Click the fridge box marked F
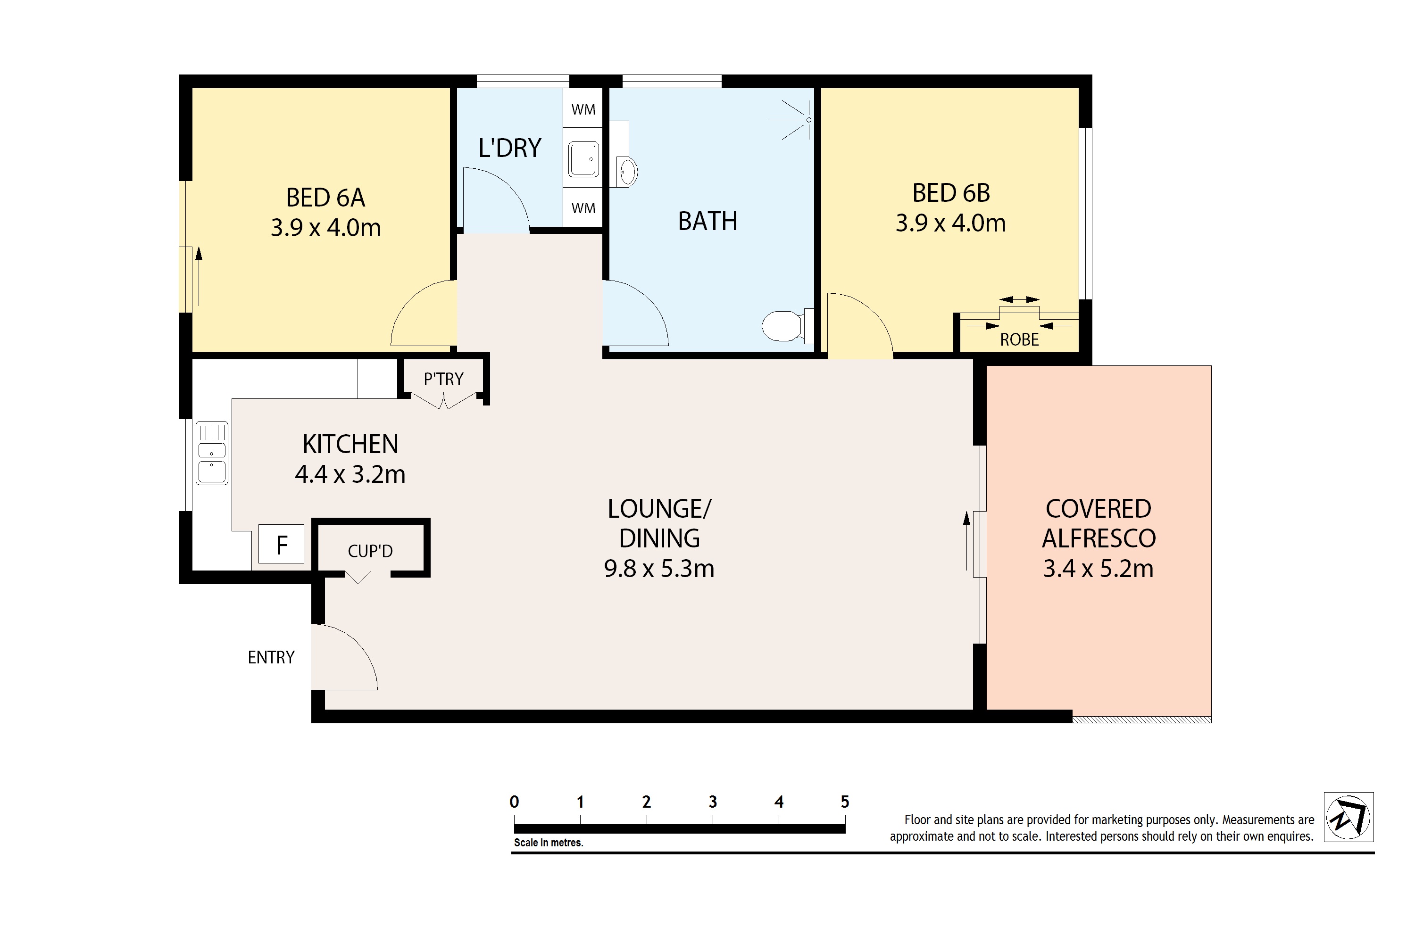(281, 545)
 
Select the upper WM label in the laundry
(583, 110)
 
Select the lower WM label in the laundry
(583, 208)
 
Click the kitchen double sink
(212, 453)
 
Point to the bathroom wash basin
(627, 172)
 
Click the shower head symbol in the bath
(807, 120)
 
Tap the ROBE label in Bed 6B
(1019, 340)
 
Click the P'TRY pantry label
(443, 379)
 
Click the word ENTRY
(271, 657)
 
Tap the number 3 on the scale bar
(712, 802)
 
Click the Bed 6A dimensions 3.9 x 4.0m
(325, 228)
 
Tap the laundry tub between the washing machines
(583, 159)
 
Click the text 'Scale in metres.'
(548, 843)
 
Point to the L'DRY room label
(509, 148)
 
